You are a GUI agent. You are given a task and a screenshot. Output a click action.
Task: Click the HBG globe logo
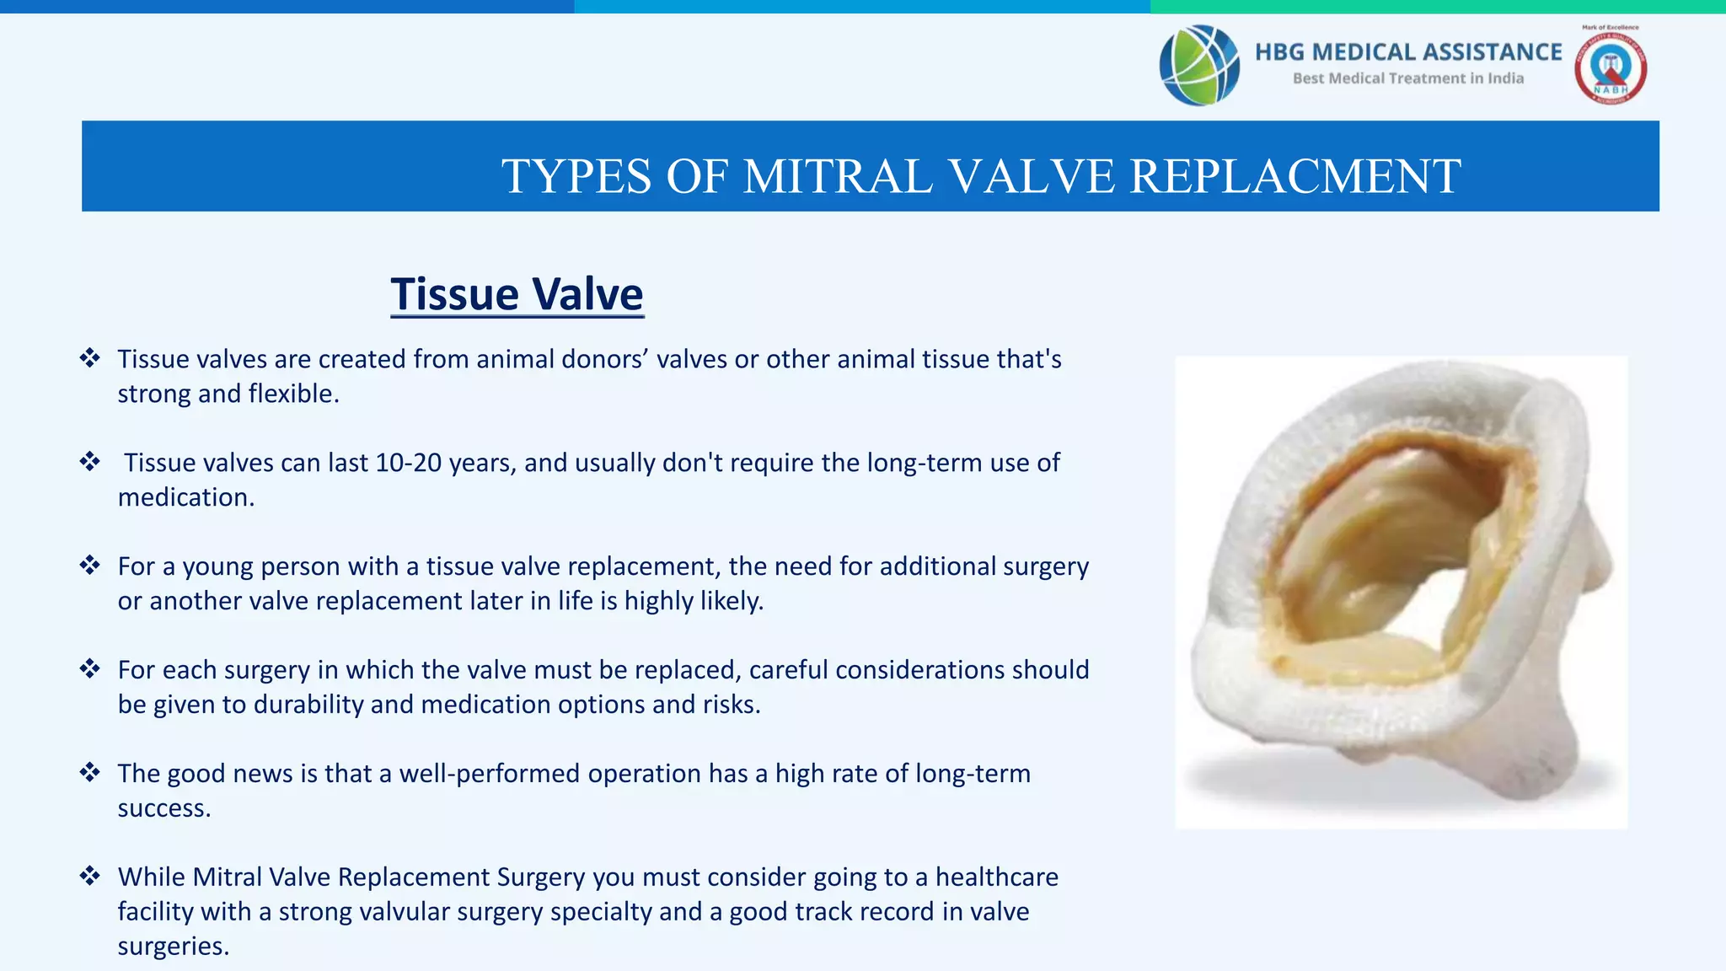coord(1199,65)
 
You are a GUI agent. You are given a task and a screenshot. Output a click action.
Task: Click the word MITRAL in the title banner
coord(839,176)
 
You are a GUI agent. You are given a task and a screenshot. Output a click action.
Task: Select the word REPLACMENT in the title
coord(1295,176)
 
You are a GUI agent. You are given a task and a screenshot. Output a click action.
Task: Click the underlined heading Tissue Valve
coord(517,294)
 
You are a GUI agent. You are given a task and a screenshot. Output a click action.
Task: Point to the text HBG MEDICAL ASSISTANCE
coord(1408,52)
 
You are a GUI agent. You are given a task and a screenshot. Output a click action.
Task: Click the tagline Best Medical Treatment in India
coord(1408,78)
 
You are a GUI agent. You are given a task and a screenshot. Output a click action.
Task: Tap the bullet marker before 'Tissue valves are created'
coord(89,357)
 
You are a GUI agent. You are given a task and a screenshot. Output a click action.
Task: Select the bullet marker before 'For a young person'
coord(89,565)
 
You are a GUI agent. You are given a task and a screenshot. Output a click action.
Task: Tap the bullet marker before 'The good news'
coord(89,772)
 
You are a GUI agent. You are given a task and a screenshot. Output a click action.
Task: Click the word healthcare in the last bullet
coord(997,877)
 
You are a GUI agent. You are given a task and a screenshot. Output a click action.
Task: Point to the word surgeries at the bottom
coord(173,947)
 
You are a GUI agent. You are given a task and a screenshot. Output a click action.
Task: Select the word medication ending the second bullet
coord(185,497)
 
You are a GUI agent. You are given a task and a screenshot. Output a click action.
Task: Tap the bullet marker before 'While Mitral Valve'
coord(89,876)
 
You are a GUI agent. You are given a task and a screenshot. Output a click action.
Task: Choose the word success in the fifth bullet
coord(163,808)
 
